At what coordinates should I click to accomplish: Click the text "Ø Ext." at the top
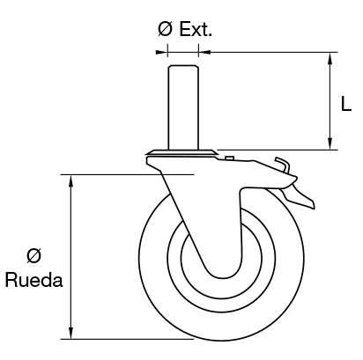point(185,29)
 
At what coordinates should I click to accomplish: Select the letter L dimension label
point(347,104)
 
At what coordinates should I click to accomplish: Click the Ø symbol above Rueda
point(33,256)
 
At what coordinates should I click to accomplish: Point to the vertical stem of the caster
point(181,106)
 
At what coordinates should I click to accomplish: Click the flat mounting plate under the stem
point(181,153)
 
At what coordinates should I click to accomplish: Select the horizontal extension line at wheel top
point(106,175)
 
